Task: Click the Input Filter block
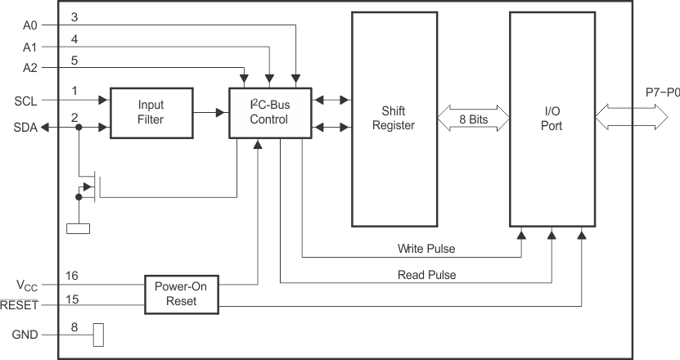[x=151, y=112]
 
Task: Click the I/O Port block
[x=550, y=119]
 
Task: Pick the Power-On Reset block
[x=182, y=294]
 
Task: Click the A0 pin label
[x=30, y=25]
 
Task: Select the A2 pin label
[x=30, y=67]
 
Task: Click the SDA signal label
[x=26, y=128]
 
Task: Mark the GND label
[x=26, y=335]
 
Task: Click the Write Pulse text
[x=426, y=248]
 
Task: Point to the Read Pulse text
[x=426, y=274]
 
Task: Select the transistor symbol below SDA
[x=90, y=187]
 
